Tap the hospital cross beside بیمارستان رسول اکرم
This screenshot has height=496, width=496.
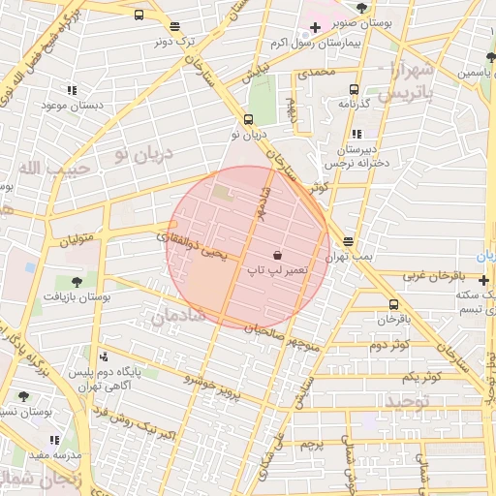(315, 26)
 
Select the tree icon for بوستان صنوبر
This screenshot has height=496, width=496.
(361, 7)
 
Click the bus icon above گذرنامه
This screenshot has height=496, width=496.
(349, 88)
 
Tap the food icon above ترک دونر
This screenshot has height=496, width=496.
(173, 27)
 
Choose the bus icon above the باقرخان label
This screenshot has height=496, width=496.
(392, 304)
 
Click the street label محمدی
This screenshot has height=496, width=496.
(316, 74)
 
